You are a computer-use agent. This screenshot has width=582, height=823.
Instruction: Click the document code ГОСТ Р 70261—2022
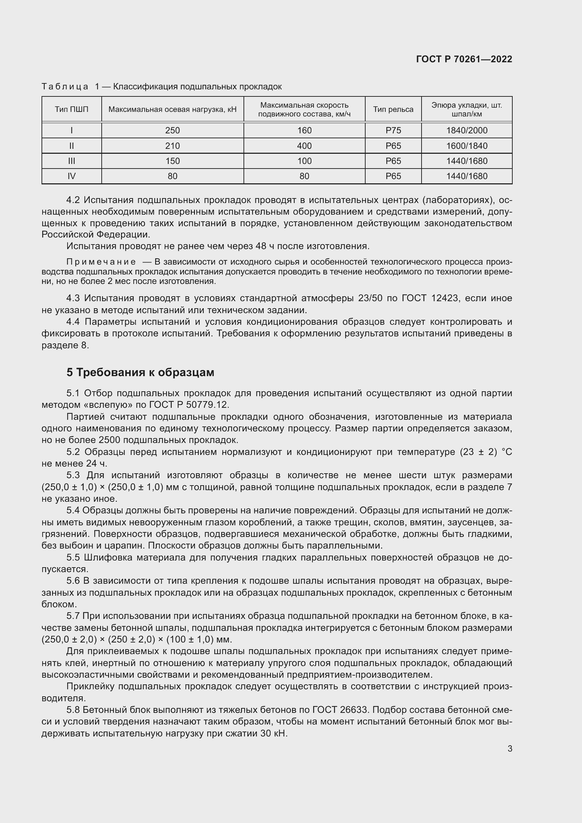(464, 59)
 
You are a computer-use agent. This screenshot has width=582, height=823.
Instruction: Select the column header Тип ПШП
(71, 109)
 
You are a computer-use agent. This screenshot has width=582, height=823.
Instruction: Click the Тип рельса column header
(393, 109)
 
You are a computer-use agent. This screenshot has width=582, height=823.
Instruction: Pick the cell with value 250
(172, 131)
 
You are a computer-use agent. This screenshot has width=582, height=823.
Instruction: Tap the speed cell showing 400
(304, 146)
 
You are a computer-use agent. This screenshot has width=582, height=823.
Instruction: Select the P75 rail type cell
(393, 131)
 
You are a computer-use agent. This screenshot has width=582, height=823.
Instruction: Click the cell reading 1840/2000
(467, 131)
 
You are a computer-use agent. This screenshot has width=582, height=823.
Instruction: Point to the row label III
(71, 161)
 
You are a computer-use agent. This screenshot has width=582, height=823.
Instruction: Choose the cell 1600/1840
(467, 146)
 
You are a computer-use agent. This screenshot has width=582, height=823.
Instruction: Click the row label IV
(71, 176)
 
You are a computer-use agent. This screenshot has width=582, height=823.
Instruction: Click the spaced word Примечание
(101, 262)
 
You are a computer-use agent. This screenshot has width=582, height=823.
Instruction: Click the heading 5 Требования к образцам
(140, 372)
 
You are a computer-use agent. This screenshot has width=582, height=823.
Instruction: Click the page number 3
(510, 748)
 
